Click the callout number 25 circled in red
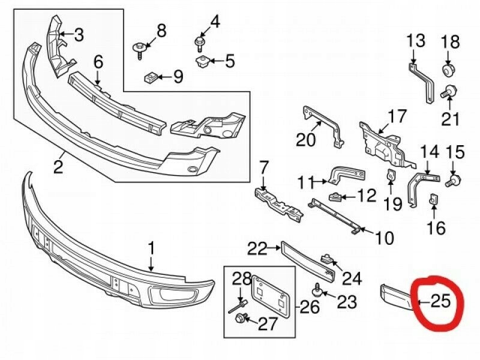tap(440, 300)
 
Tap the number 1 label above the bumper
tap(151, 247)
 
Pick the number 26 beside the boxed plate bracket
tap(310, 308)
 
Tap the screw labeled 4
tap(199, 42)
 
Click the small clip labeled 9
tap(152, 76)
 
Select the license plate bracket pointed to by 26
tap(267, 295)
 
